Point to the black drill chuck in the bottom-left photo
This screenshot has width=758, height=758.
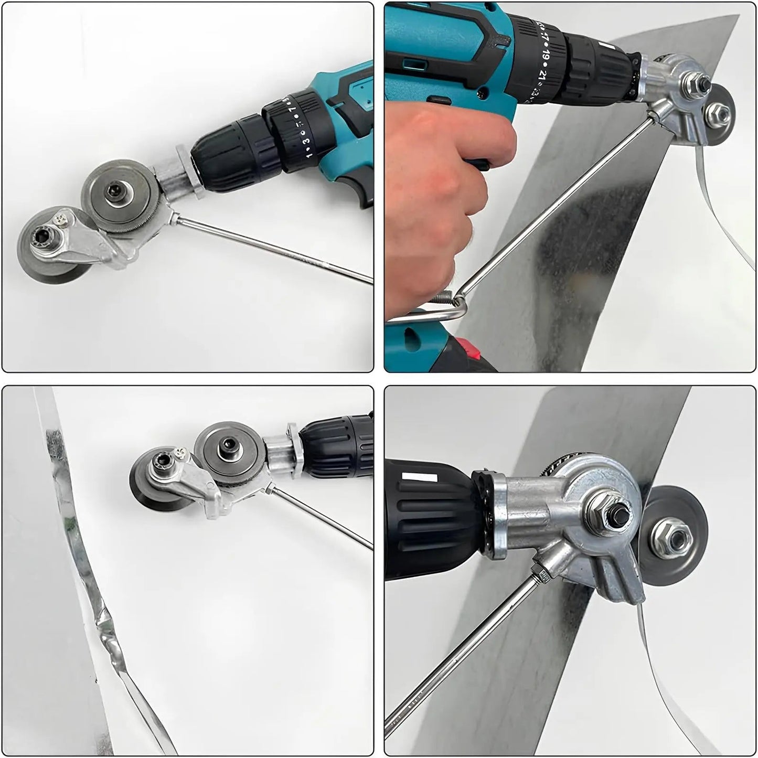tap(336, 446)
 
